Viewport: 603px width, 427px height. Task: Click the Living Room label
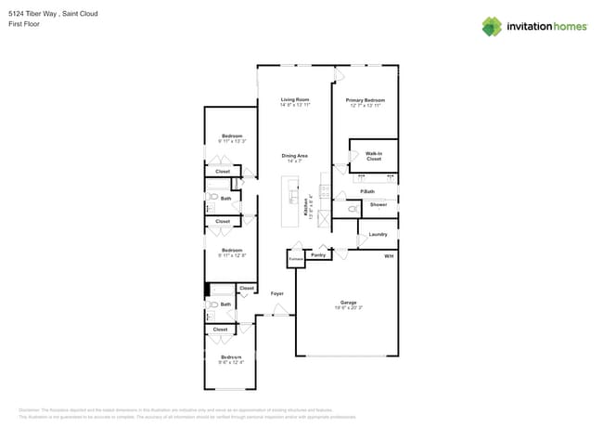tap(295, 99)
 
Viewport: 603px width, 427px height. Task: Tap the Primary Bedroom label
tap(366, 99)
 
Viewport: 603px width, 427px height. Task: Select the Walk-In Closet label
tap(374, 156)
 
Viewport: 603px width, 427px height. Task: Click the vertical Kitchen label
tap(305, 207)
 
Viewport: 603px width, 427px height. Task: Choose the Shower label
tap(378, 204)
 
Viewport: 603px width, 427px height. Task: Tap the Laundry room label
tap(378, 234)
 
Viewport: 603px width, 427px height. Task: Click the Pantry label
tap(318, 253)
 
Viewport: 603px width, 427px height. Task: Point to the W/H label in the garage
tap(389, 255)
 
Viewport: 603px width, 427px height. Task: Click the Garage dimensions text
tap(349, 306)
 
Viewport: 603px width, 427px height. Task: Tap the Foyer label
tap(276, 293)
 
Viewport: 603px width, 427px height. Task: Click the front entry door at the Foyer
tap(280, 315)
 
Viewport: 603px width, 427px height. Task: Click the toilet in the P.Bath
tap(353, 210)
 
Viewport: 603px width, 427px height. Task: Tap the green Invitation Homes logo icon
tap(492, 26)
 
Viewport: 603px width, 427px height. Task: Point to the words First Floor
tap(22, 24)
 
